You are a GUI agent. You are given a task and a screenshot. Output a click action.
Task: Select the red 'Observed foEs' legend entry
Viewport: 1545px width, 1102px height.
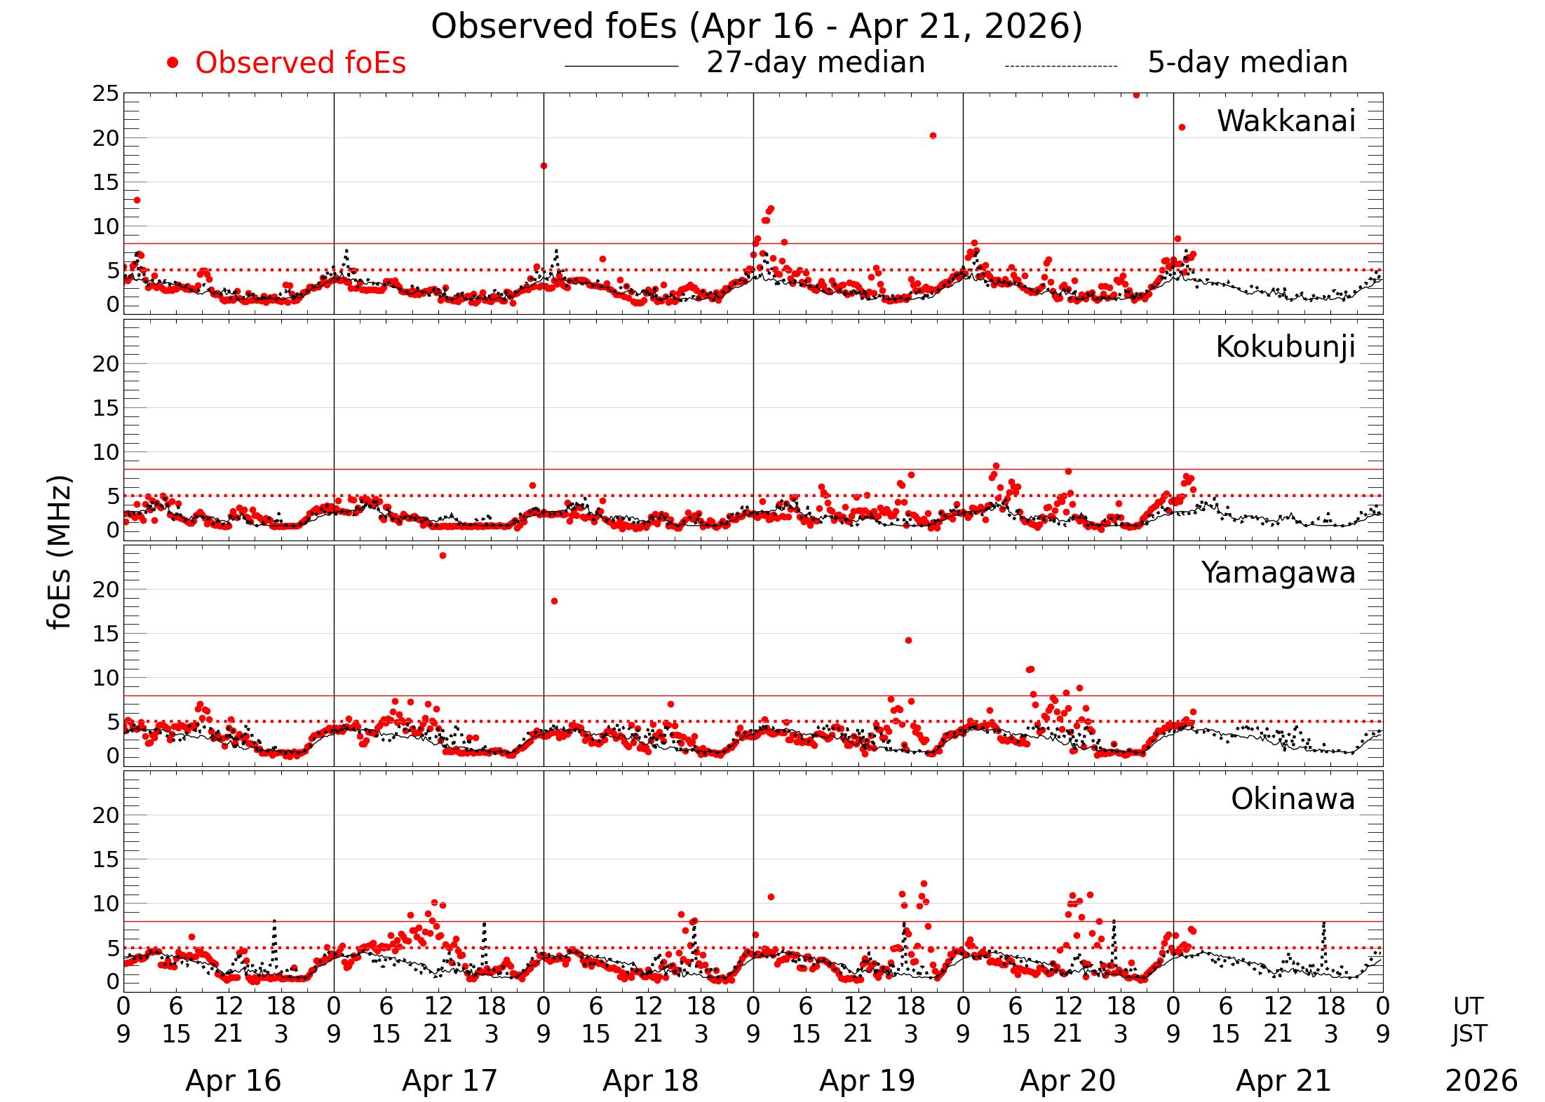pyautogui.click(x=300, y=63)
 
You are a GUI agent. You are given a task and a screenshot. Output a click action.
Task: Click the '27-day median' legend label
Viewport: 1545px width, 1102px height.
pyautogui.click(x=815, y=62)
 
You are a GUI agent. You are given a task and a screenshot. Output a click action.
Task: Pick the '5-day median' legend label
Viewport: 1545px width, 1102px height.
pyautogui.click(x=1247, y=62)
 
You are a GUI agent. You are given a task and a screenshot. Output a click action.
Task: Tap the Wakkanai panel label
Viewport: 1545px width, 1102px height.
pyautogui.click(x=1286, y=121)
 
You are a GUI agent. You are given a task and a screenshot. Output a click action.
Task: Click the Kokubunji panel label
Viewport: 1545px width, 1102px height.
pyautogui.click(x=1285, y=347)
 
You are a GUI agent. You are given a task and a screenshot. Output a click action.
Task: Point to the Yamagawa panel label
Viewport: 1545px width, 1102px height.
pyautogui.click(x=1278, y=573)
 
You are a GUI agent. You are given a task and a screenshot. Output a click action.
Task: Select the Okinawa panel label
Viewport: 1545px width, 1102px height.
pyautogui.click(x=1293, y=798)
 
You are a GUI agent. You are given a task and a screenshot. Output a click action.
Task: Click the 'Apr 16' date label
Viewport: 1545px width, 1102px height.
pyautogui.click(x=233, y=1080)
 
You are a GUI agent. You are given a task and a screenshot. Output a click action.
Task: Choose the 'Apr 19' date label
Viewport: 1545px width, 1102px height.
pyautogui.click(x=867, y=1080)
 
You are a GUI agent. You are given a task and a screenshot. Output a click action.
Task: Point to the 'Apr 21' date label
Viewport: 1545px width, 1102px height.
pyautogui.click(x=1283, y=1080)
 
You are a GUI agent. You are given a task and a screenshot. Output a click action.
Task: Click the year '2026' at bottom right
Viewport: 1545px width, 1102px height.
pyautogui.click(x=1480, y=1080)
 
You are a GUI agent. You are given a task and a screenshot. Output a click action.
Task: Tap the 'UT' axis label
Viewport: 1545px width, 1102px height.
pyautogui.click(x=1468, y=1006)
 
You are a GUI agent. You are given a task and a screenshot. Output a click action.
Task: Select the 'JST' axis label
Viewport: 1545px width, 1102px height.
pyautogui.click(x=1469, y=1033)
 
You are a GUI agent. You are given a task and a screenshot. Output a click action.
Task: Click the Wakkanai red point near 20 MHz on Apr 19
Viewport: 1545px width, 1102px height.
pyautogui.click(x=933, y=135)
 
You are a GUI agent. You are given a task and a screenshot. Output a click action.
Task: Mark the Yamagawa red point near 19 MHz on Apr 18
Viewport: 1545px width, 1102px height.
pyautogui.click(x=554, y=601)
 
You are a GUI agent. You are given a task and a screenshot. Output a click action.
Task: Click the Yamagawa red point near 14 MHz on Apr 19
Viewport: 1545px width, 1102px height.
pyautogui.click(x=908, y=640)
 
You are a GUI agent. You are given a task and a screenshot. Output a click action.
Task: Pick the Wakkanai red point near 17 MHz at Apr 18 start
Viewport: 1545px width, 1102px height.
pyautogui.click(x=544, y=165)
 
